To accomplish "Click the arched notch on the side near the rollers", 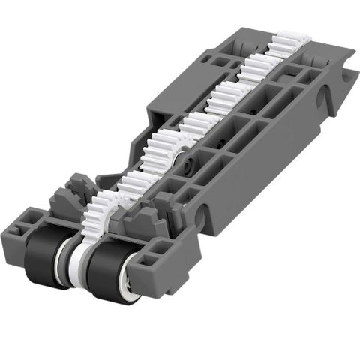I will pyautogui.click(x=198, y=217).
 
